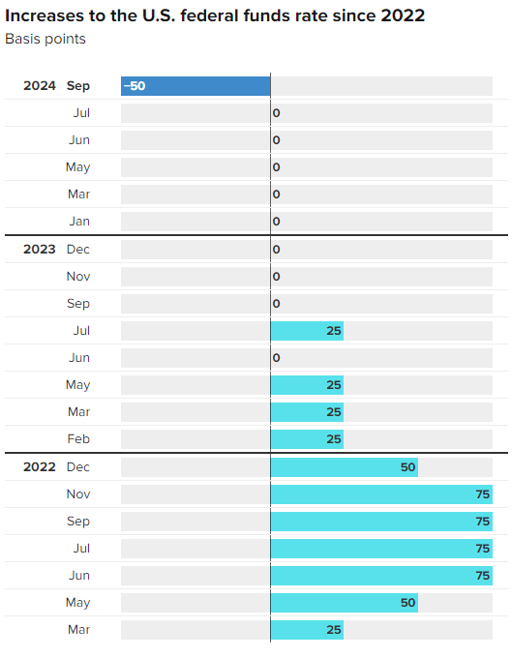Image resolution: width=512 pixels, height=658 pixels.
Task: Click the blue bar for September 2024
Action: coord(196,86)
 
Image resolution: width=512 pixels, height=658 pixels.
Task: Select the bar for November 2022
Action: coord(381,494)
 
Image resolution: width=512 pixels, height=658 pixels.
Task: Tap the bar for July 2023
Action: coord(307,331)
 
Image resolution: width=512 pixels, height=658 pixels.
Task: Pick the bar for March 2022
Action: coord(307,630)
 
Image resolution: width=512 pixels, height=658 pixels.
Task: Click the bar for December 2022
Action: coord(344,467)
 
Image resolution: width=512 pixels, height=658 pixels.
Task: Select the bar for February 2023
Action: coord(307,439)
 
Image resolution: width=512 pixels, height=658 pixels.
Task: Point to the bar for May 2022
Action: coord(344,603)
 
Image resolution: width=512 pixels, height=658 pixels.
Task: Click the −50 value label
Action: coord(135,86)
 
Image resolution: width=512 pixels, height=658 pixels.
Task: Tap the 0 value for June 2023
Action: coord(277,358)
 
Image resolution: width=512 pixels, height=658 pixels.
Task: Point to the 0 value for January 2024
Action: coord(277,222)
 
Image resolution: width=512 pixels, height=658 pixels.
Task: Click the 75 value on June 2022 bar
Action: coord(481,576)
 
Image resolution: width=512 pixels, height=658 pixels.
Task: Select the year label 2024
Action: coord(40,86)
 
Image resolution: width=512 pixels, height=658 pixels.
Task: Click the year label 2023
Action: coord(40,249)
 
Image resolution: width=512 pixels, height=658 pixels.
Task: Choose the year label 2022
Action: coord(40,467)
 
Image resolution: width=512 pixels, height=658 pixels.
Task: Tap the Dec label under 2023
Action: coord(78,249)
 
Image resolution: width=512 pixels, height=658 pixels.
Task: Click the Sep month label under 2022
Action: coord(78,522)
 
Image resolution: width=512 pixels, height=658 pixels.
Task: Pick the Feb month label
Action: coord(78,439)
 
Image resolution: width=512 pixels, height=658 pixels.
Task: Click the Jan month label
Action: coord(79,222)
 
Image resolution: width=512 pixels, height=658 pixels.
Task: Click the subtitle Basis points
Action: coord(45,39)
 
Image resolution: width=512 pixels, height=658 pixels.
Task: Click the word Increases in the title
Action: coord(45,15)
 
